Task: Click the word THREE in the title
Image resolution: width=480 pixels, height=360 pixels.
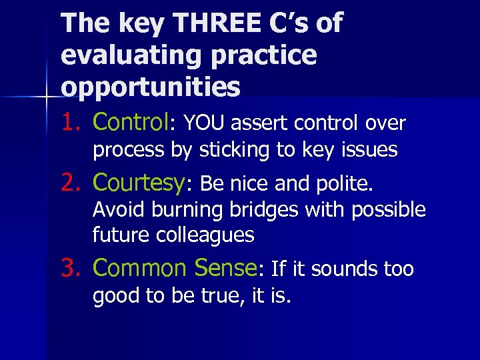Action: pos(209,23)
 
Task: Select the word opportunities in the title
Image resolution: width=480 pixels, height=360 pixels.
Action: pos(151,87)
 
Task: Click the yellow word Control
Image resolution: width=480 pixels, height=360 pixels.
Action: pos(131,122)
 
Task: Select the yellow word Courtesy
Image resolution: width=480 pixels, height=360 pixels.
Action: pos(139,182)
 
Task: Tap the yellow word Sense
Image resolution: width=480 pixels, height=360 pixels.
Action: pos(224,268)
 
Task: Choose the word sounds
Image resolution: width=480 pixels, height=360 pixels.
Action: pos(344,269)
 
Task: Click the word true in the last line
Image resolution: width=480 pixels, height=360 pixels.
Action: pos(227,295)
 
